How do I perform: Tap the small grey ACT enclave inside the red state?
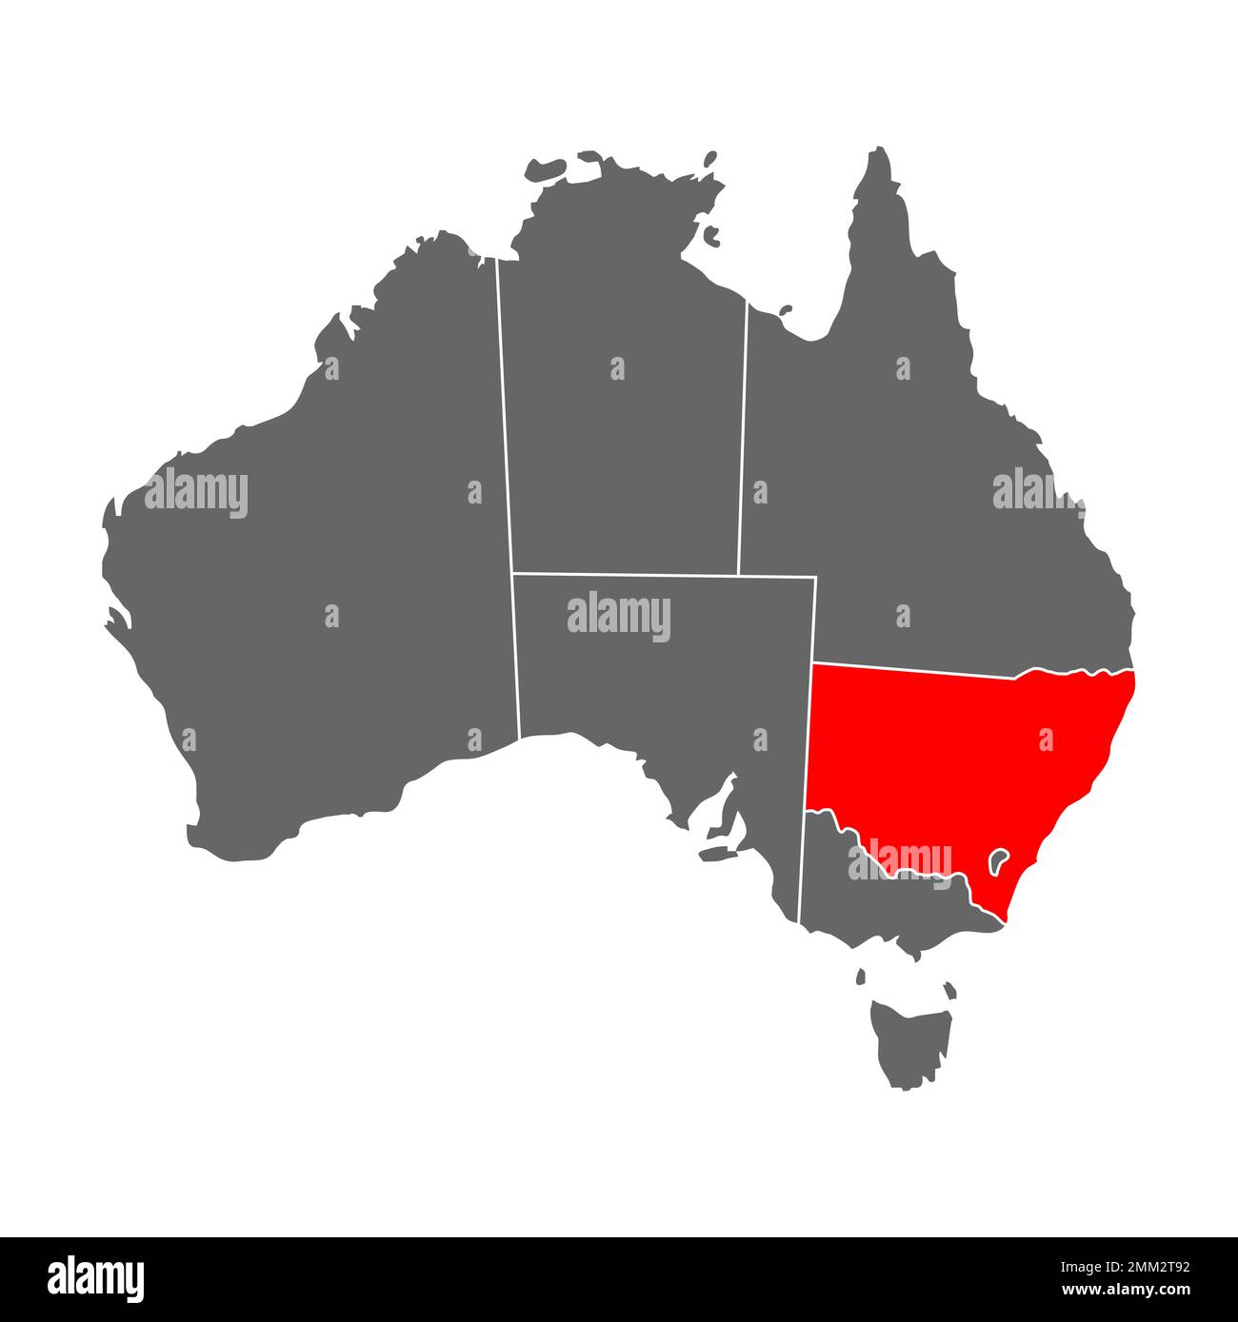[1000, 862]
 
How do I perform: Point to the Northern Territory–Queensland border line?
[743, 438]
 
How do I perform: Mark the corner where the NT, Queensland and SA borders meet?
[738, 575]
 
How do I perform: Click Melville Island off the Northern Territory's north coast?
[552, 168]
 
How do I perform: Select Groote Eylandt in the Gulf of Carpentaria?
[710, 231]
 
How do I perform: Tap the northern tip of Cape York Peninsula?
[880, 152]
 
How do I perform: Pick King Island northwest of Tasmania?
[861, 977]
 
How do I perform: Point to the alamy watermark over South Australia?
[619, 617]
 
